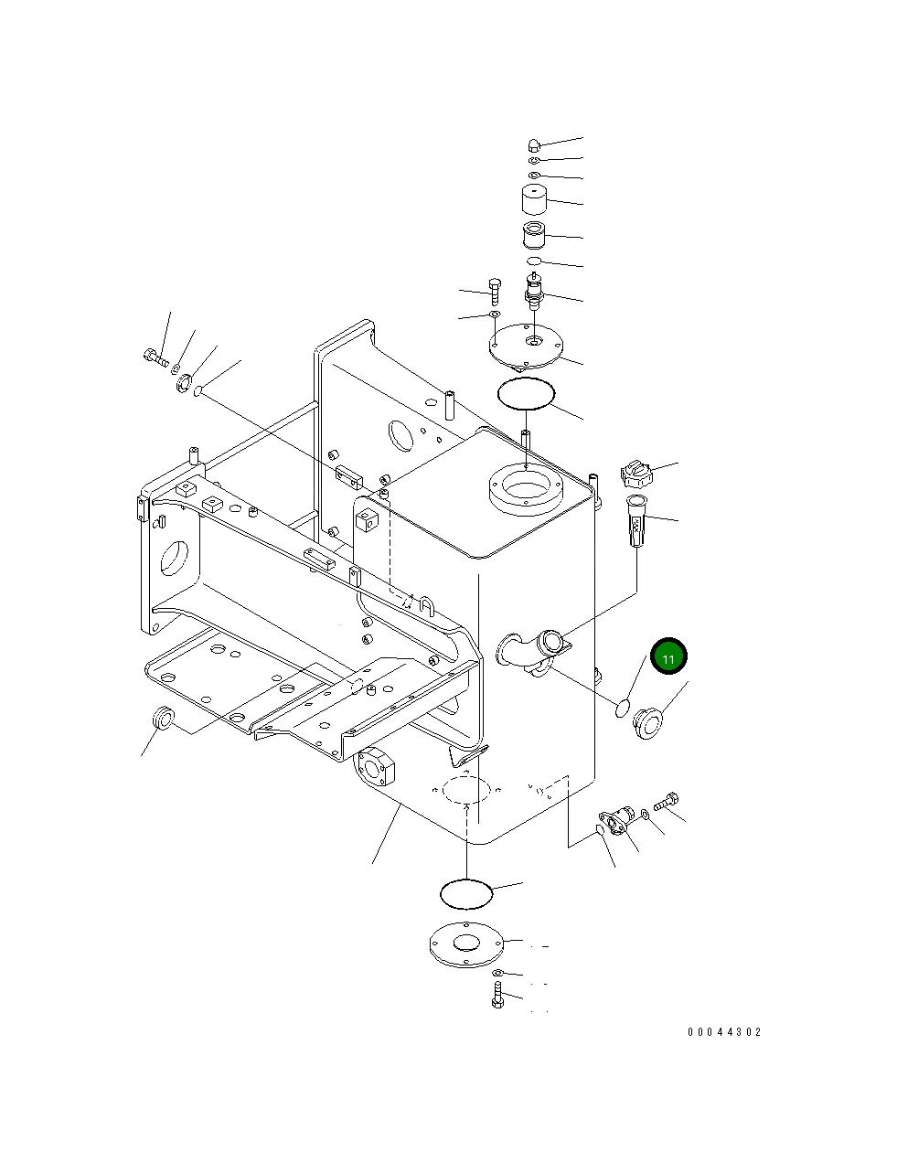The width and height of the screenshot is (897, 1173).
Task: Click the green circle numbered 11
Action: pos(667,657)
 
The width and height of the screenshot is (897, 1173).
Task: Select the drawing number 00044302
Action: pos(723,1032)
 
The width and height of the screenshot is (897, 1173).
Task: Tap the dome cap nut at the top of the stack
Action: pos(535,144)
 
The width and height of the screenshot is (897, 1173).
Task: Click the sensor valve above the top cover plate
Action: pos(532,291)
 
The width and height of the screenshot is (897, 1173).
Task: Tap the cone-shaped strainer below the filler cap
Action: pos(635,519)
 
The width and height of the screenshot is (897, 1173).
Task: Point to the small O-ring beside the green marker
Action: pos(621,705)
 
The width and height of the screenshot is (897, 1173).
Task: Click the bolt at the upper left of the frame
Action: pos(156,357)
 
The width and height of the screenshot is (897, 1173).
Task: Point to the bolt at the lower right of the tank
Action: pos(668,801)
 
